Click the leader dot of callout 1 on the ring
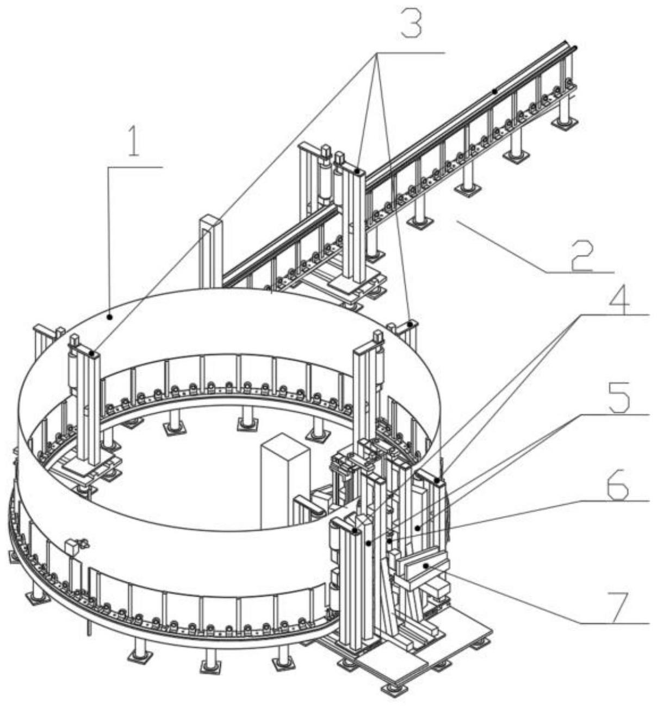(110, 315)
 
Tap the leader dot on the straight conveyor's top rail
(494, 91)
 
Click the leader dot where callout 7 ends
(427, 566)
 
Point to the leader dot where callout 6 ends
(418, 527)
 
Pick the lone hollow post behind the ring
(211, 250)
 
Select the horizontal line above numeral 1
(135, 168)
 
